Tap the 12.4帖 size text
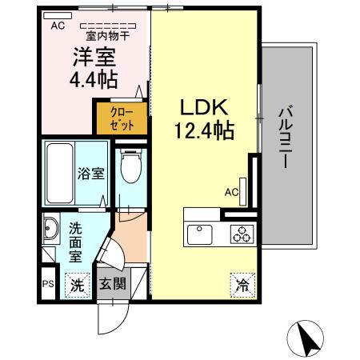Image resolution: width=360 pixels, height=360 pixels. tap(204, 130)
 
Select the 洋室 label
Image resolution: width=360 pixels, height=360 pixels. tap(94, 58)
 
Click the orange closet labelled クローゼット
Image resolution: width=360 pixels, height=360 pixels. tap(122, 118)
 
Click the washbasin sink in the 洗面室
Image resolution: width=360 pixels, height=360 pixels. tap(50, 230)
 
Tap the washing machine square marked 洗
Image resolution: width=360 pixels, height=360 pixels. tap(77, 283)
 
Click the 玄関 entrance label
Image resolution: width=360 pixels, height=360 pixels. tap(112, 284)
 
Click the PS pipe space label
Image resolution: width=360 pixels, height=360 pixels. tap(47, 283)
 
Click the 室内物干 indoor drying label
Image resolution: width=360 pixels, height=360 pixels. tap(107, 34)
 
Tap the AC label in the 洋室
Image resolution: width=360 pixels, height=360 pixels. tap(57, 26)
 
